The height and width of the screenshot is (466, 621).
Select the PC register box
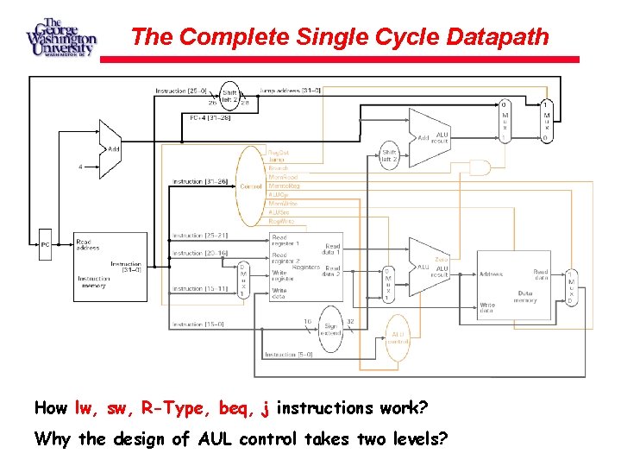[x=46, y=244]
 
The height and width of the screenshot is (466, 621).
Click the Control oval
[x=250, y=186]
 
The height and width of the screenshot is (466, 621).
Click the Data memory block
[x=516, y=285]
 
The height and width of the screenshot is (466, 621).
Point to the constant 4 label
[x=81, y=167]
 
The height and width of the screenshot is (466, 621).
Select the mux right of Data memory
[x=570, y=286]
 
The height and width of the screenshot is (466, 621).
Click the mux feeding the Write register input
[x=243, y=279]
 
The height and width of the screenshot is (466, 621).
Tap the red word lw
[x=84, y=407]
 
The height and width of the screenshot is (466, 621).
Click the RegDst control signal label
[x=278, y=151]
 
